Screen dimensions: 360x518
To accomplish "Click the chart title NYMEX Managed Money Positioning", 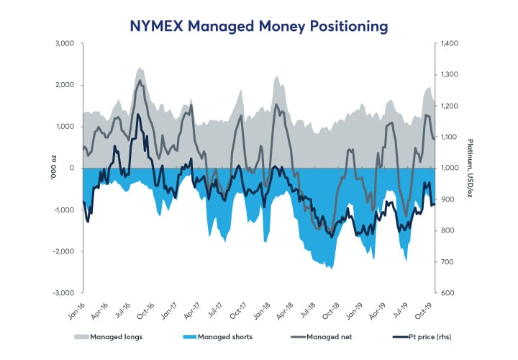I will point(258,26).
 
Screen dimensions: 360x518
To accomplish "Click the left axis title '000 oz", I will point(53,168).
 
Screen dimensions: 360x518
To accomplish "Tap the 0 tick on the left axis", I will point(72,168).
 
